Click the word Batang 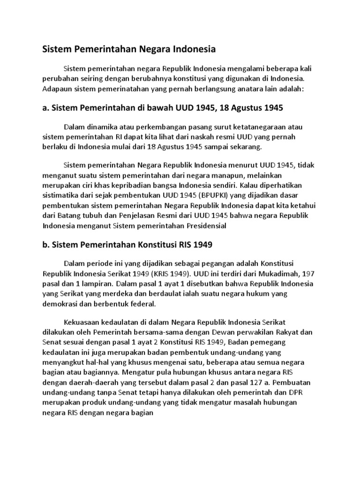(x=71, y=216)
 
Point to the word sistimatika (x=61, y=195)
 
